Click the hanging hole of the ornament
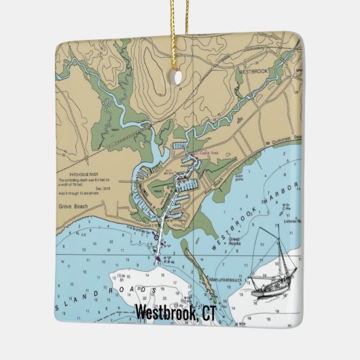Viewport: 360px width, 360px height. [179, 77]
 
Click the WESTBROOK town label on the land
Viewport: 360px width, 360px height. [253, 69]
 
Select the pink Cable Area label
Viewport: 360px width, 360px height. [208, 154]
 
